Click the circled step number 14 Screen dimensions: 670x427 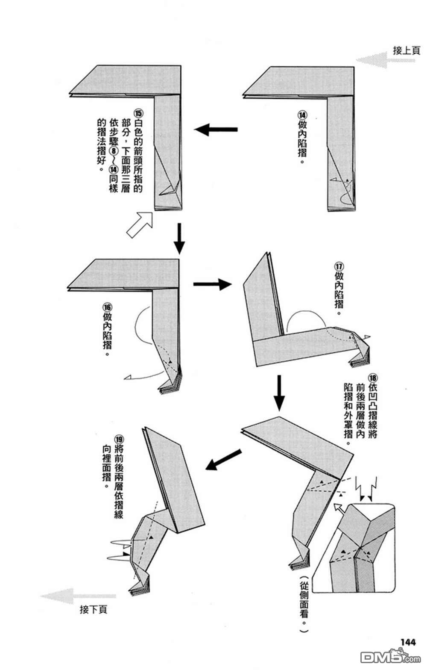(302, 115)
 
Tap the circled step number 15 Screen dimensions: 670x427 (138, 113)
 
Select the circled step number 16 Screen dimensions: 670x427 (107, 307)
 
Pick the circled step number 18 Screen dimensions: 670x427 (373, 378)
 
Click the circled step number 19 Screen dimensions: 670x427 (119, 439)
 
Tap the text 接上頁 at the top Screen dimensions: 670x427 (406, 51)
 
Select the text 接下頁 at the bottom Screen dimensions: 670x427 (94, 609)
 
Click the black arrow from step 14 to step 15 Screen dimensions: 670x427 (216, 129)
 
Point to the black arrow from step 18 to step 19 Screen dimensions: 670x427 (223, 459)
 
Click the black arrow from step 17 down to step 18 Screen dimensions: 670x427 (279, 392)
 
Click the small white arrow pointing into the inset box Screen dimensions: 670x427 (339, 508)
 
